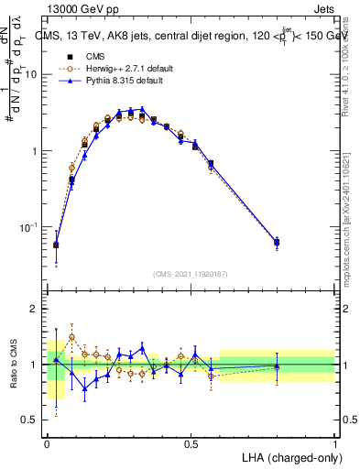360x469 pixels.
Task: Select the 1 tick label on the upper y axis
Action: [35, 151]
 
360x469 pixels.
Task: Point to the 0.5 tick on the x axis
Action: [191, 443]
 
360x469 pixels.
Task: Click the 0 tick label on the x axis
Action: [47, 443]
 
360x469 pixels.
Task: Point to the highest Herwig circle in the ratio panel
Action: [71, 337]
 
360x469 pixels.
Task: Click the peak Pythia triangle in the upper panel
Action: [142, 109]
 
